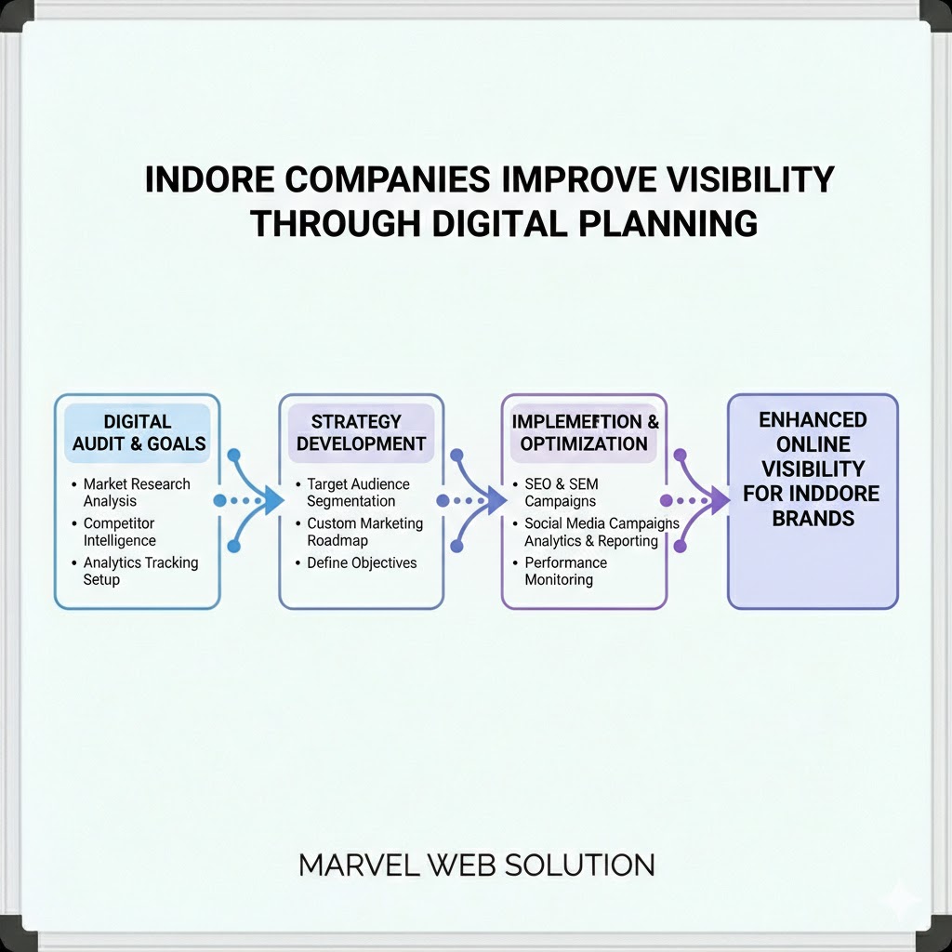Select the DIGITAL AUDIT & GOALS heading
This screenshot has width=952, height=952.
click(139, 433)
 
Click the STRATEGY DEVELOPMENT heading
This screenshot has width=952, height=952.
click(361, 433)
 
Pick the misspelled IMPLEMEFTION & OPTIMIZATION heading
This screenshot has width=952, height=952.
click(584, 433)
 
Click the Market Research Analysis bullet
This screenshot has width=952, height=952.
click(136, 493)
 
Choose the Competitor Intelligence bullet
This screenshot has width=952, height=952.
click(120, 532)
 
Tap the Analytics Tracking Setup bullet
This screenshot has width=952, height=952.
click(140, 571)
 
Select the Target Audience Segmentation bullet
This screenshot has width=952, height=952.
click(358, 493)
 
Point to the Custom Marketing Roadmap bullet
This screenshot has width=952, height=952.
click(364, 532)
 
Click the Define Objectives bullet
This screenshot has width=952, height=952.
click(362, 562)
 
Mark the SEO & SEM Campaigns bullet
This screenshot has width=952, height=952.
click(562, 493)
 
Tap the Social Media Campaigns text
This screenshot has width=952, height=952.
click(602, 524)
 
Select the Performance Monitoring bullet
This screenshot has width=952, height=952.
click(565, 571)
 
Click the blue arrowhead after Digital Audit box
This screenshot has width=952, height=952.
click(271, 501)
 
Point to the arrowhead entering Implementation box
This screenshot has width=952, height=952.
click(493, 501)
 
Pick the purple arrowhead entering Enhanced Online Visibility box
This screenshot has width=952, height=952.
click(718, 501)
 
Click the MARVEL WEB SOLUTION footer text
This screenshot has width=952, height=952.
click(476, 866)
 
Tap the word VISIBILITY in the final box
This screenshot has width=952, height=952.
click(813, 469)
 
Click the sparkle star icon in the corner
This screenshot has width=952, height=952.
click(901, 898)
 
